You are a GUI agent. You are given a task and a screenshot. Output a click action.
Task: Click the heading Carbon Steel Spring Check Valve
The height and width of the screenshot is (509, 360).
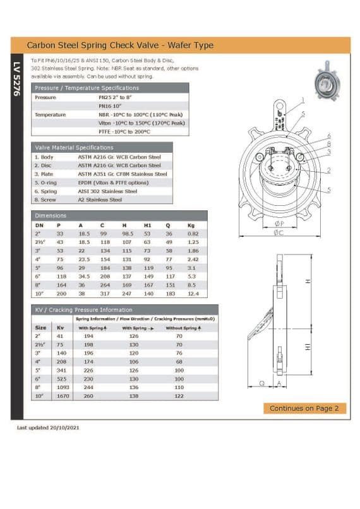tap(120, 45)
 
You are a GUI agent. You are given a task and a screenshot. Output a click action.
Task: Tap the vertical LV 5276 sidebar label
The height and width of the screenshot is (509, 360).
tap(16, 78)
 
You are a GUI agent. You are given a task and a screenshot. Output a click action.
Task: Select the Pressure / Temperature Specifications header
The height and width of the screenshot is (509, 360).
tap(87, 88)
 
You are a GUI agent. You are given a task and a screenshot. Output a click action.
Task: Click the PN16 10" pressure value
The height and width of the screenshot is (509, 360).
tap(110, 106)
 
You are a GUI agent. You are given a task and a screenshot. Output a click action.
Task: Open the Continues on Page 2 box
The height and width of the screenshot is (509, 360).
tap(304, 408)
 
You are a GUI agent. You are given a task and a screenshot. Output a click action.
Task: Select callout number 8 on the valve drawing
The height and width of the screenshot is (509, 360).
tap(328, 144)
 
